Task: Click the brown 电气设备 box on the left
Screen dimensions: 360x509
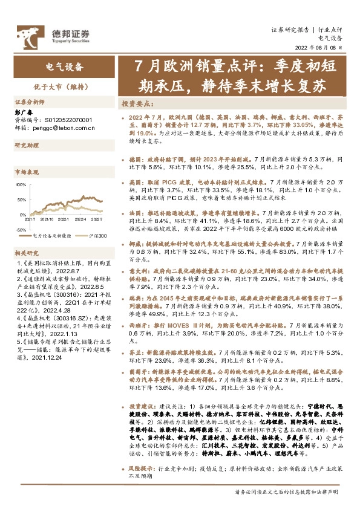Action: (x=64, y=66)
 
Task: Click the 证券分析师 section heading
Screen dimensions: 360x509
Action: (x=30, y=103)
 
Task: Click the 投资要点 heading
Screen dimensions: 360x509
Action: (x=136, y=103)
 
